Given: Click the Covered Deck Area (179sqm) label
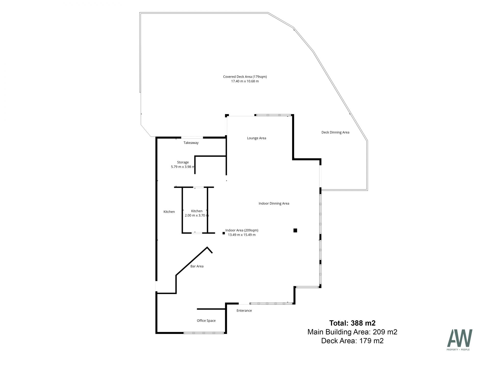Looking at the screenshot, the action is (245, 77).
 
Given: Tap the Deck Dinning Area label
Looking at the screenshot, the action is (335, 132).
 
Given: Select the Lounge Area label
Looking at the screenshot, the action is (256, 138).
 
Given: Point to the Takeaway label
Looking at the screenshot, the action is (191, 143).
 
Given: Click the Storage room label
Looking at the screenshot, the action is (183, 162).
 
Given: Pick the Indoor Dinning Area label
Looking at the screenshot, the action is (274, 204).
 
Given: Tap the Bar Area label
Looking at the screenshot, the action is (197, 266).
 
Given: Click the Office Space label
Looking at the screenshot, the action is (206, 321).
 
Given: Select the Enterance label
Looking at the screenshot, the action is (244, 311).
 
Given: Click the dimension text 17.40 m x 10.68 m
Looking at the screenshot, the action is (245, 82).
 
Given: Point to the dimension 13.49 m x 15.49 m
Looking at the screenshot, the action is (242, 235).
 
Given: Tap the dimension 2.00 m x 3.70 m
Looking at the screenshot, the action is (197, 215).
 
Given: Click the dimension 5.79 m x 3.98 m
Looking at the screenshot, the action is (183, 167).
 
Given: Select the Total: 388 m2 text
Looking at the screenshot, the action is (352, 323).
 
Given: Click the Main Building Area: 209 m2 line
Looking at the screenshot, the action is (352, 332).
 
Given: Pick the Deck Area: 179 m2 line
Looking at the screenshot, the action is (352, 341).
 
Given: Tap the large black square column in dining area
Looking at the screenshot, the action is (295, 231).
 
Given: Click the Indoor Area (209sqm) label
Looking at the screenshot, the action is (242, 230).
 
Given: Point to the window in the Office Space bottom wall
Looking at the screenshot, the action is (204, 333).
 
